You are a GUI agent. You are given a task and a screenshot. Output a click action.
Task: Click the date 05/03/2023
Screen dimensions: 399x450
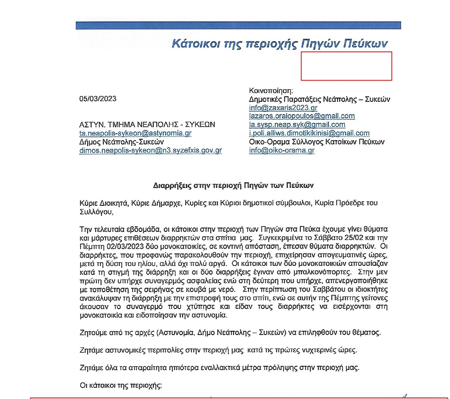coord(98,99)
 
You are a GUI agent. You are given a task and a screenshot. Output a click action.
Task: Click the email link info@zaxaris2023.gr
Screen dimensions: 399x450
coord(283,108)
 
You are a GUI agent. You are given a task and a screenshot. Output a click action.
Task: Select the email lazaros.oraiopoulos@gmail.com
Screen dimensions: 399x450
coord(302,116)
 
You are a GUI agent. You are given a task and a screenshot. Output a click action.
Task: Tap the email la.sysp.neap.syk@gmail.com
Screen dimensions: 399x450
coord(297,124)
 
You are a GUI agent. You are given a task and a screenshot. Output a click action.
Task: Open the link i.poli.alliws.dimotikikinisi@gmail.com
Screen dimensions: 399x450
coord(309,133)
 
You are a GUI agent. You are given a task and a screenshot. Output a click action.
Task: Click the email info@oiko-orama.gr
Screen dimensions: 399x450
coord(281,150)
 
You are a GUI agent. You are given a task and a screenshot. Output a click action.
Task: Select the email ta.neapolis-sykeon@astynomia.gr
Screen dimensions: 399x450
coord(135,133)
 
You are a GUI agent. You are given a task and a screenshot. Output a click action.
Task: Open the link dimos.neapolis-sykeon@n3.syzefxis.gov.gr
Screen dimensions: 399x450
coord(151,150)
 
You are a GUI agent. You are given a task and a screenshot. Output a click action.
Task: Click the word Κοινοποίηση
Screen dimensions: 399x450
coord(271,90)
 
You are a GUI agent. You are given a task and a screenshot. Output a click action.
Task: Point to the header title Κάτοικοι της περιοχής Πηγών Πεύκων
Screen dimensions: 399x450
coord(280,43)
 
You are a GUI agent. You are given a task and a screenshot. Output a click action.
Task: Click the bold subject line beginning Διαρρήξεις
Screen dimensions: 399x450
coord(233,185)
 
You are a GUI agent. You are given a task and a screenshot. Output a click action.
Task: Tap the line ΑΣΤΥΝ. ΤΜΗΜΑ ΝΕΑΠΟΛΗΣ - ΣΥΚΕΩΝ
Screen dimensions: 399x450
coord(147,124)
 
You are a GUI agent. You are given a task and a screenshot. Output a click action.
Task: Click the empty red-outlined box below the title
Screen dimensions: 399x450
coord(346,66)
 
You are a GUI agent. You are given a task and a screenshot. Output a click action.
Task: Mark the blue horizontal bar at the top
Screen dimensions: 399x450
coord(238,25)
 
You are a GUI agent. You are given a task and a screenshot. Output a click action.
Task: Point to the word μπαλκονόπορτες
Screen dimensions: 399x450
coord(323,272)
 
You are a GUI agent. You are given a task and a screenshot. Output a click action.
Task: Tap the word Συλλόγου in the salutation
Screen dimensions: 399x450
coord(96,212)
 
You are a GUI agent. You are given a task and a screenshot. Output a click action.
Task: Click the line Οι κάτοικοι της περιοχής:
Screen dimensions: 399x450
coord(121,385)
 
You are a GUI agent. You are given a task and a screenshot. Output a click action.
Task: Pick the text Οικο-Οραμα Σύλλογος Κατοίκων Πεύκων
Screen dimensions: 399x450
coord(316,142)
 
